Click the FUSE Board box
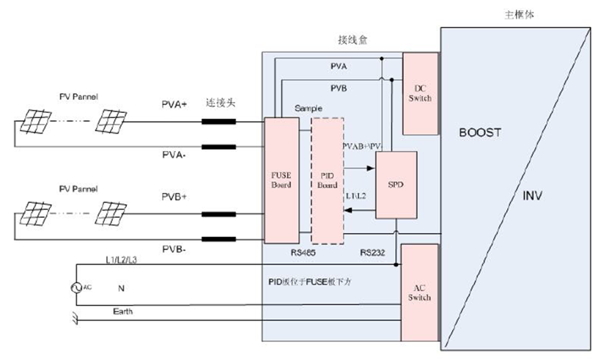281,180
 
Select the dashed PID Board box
327,180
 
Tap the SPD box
396,185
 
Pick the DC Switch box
419,93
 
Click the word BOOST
480,133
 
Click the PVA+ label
174,105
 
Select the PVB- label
174,250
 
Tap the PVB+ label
174,197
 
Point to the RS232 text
372,252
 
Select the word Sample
308,108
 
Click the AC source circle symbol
75,288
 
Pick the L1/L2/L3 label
121,260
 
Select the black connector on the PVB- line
223,239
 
